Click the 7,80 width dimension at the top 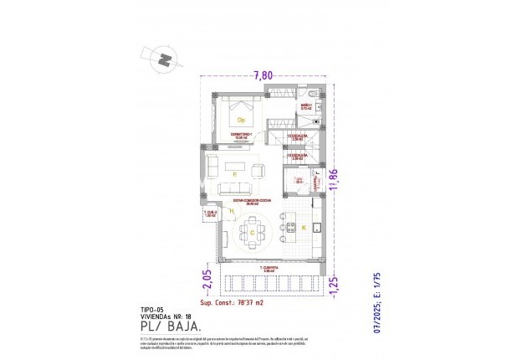(263, 75)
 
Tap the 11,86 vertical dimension (334, 181)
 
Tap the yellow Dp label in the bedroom (241, 121)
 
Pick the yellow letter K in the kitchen (303, 228)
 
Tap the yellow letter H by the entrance (231, 211)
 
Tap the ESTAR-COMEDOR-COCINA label (245, 202)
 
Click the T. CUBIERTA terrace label (269, 269)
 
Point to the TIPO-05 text (151, 309)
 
